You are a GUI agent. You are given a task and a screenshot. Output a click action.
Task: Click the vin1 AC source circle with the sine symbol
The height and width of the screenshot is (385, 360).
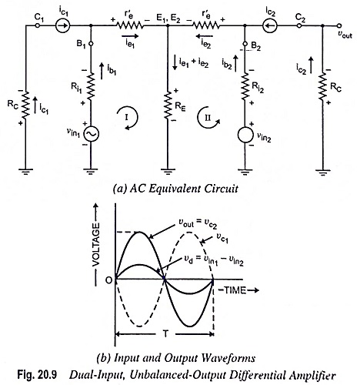(x=91, y=134)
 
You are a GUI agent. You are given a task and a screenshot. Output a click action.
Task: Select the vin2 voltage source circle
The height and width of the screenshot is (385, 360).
(x=245, y=135)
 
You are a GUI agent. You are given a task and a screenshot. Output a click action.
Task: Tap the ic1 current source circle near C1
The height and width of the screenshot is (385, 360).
(x=63, y=25)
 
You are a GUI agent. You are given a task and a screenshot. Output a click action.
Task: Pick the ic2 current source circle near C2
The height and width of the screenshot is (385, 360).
(x=270, y=25)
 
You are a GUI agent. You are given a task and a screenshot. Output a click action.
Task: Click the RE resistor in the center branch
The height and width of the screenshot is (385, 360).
(x=168, y=105)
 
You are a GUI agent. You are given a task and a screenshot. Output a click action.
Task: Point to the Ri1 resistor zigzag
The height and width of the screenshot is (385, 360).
(x=91, y=86)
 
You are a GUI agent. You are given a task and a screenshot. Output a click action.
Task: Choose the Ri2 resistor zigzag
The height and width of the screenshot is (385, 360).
(x=245, y=86)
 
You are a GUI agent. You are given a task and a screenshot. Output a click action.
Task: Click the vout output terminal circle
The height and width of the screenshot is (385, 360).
(x=339, y=25)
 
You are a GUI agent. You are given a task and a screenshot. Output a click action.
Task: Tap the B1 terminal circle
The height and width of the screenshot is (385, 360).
(x=91, y=44)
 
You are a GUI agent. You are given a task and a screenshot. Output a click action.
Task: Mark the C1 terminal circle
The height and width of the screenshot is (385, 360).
(x=38, y=25)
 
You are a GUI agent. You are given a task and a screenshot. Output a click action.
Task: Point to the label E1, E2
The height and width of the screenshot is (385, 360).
(x=168, y=18)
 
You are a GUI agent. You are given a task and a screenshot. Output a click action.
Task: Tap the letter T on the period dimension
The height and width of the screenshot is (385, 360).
(x=165, y=334)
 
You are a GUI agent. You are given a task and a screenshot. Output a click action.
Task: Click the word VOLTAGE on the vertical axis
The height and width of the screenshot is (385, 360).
(x=95, y=245)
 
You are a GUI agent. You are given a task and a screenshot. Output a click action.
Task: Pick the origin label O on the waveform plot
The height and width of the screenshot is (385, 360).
(x=109, y=280)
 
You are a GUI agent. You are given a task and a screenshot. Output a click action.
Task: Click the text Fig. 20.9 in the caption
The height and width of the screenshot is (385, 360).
(x=37, y=374)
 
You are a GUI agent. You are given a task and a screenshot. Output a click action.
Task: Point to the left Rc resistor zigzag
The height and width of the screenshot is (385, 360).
(x=25, y=105)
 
